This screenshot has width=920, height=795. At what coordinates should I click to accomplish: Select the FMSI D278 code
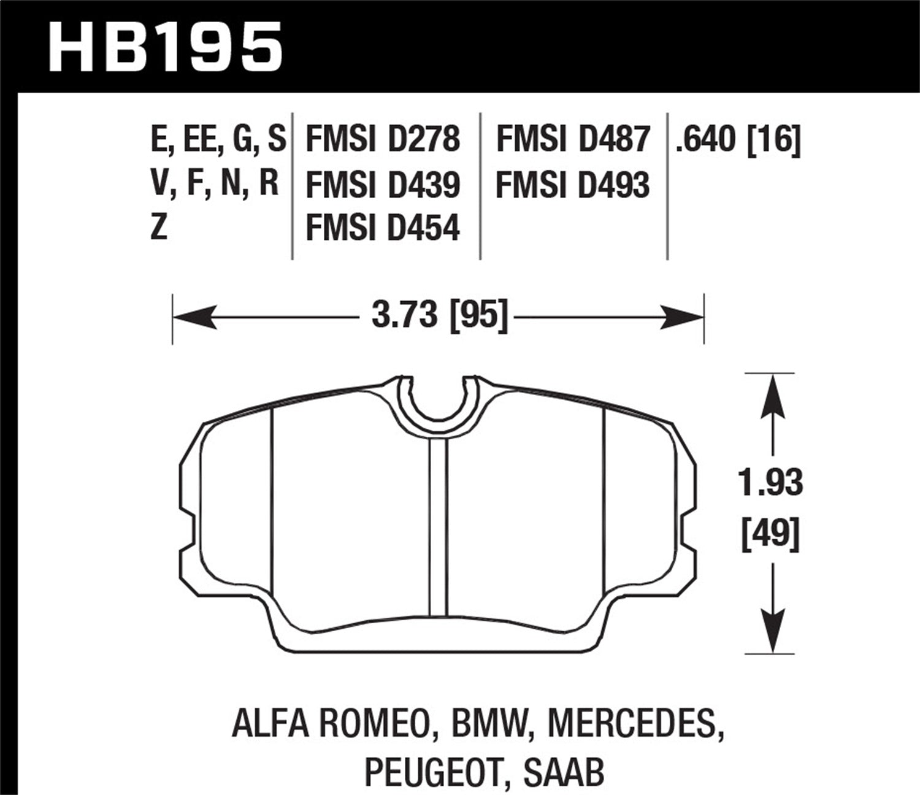coord(382,139)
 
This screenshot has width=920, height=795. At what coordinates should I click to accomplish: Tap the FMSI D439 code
coord(382,185)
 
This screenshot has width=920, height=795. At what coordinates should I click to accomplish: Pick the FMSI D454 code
coord(382,229)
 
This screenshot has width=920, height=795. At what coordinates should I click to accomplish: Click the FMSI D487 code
coord(572,139)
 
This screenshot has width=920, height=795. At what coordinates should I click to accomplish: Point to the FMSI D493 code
coord(572,185)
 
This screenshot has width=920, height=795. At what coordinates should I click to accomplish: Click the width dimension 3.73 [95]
coord(440,317)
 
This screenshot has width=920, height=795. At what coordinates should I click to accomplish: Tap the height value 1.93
coord(770,483)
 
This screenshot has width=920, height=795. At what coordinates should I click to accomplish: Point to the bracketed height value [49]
coord(770,532)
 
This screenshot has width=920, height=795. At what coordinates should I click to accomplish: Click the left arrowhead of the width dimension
coord(193,318)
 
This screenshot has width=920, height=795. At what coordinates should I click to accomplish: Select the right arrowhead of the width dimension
coord(684,318)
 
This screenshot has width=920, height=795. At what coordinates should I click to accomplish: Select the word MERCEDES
coord(632,725)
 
